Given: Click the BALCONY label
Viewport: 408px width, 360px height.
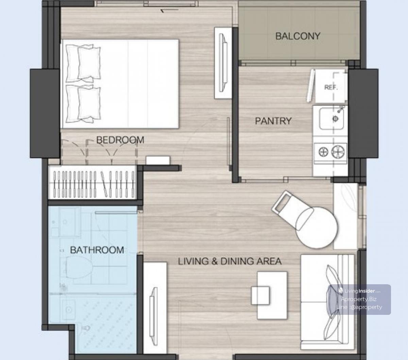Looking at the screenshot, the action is [297, 36].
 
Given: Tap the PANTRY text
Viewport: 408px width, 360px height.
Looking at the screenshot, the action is [273, 121].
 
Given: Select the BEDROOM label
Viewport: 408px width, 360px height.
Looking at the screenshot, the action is [120, 140].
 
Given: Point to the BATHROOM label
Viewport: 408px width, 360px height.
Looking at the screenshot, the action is [97, 250].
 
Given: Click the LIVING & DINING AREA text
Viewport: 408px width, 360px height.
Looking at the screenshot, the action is [230, 261].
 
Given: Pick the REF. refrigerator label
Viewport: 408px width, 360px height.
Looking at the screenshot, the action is [331, 87].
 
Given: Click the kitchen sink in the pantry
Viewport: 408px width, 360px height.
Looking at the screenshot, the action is [331, 119].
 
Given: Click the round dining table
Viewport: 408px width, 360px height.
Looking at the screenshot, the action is [317, 228].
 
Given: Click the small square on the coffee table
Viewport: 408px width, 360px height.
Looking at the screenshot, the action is [260, 295].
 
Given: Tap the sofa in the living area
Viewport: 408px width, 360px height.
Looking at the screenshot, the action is [327, 299].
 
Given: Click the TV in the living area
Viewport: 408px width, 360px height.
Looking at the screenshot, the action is [153, 316].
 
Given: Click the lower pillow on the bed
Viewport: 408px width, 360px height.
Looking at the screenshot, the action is [83, 104].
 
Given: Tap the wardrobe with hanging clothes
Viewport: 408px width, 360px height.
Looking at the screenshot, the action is [92, 183].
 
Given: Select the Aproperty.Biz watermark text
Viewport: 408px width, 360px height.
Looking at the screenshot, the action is [359, 299].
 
